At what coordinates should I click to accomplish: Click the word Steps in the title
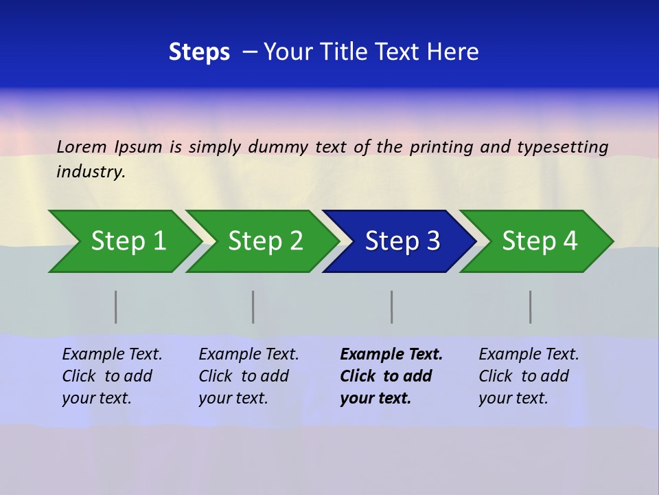tap(199, 52)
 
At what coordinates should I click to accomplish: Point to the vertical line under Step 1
tap(116, 307)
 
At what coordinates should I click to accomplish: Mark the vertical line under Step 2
tap(253, 307)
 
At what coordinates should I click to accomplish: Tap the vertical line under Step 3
tap(392, 307)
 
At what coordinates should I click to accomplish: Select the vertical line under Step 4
tap(531, 307)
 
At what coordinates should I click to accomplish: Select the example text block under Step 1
tap(112, 376)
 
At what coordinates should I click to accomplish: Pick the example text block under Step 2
tap(248, 376)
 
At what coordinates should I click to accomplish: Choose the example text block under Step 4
tap(529, 376)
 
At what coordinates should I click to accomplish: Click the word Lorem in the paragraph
tap(82, 146)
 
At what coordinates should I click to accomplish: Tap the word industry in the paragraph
tap(91, 171)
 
